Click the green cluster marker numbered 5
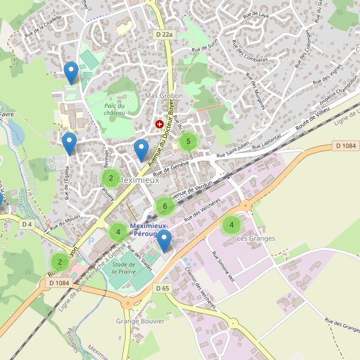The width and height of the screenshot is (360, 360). tap(188, 142)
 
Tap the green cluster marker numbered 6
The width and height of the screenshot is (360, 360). tap(165, 206)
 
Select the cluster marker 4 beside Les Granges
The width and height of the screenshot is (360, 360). tap(232, 225)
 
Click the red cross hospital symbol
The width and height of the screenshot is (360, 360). tap(160, 124)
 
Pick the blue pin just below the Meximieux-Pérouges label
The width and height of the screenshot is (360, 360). tap(164, 241)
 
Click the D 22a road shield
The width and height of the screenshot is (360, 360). tap(164, 35)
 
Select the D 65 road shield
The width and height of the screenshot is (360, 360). tap(163, 289)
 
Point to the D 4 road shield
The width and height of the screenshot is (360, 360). tap(27, 224)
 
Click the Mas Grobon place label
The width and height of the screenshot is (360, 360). tap(164, 96)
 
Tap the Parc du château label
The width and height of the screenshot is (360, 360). tap(114, 109)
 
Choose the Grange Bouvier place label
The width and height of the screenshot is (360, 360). tap(140, 321)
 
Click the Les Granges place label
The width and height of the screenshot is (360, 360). tap(256, 238)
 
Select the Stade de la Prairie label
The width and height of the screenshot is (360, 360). tap(124, 268)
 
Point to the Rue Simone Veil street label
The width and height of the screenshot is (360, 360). tap(223, 266)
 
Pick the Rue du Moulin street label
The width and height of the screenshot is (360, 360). tap(65, 223)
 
